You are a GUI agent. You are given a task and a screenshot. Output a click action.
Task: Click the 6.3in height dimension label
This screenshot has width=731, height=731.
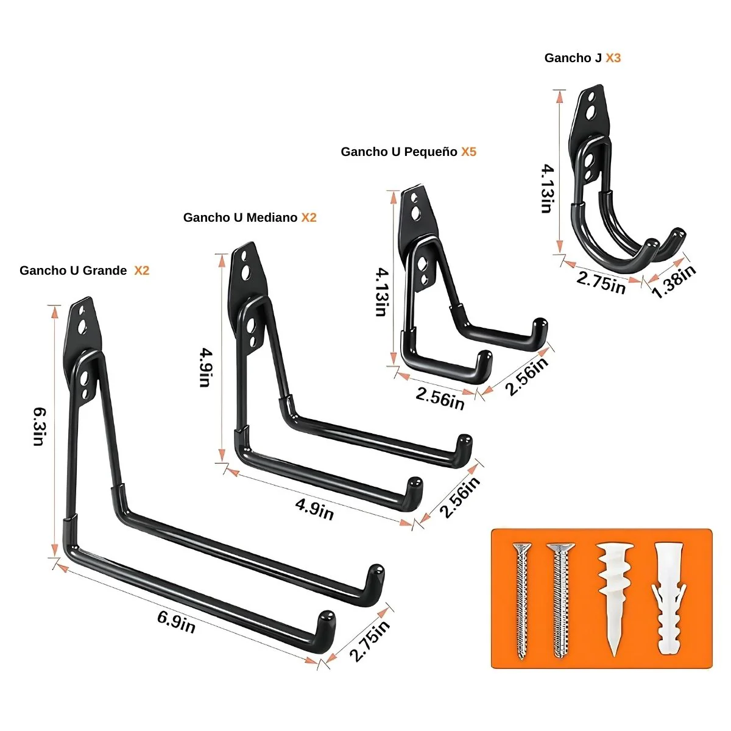click(x=40, y=427)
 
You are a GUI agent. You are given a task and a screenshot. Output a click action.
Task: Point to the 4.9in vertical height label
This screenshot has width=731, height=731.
click(x=206, y=367)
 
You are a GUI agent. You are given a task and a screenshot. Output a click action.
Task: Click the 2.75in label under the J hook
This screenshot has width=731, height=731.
click(x=601, y=283)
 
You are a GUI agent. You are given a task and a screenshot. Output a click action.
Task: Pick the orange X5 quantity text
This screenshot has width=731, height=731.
click(x=468, y=152)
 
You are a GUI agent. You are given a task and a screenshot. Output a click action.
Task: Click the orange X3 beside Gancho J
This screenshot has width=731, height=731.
click(x=613, y=58)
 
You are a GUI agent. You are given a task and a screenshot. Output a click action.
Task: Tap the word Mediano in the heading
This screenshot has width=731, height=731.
click(x=272, y=217)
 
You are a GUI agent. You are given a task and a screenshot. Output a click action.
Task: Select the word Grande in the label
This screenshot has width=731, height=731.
click(x=105, y=270)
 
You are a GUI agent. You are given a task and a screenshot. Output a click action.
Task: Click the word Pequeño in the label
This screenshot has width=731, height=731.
click(x=431, y=152)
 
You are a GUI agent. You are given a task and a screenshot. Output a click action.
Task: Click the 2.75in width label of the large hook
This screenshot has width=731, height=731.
click(x=370, y=641)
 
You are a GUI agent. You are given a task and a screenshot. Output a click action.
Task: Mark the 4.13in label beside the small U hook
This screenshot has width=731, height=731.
click(x=382, y=292)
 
